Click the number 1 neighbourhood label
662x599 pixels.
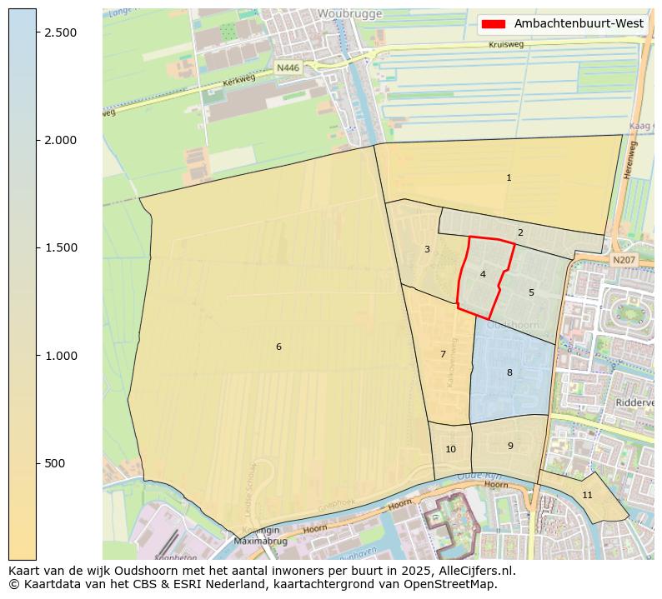(509, 178)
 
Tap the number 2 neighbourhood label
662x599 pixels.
(520, 233)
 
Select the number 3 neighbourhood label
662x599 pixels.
(427, 250)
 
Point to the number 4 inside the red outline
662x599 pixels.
(483, 275)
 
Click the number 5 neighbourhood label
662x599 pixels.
(531, 293)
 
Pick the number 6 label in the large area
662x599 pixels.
(278, 347)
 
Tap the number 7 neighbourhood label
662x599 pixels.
(443, 355)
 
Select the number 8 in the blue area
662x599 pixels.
(509, 373)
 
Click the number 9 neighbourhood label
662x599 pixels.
(510, 447)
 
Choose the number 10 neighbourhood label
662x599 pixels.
(450, 450)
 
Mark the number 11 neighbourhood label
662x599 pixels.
(587, 496)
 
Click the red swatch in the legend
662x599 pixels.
(494, 23)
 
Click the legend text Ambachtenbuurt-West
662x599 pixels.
(579, 23)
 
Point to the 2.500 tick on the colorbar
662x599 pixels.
(59, 32)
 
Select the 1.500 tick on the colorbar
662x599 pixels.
(59, 248)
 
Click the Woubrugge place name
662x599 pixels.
(349, 14)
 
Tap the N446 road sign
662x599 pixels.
(287, 67)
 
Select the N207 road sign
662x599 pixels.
(624, 261)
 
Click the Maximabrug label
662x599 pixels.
(260, 542)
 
